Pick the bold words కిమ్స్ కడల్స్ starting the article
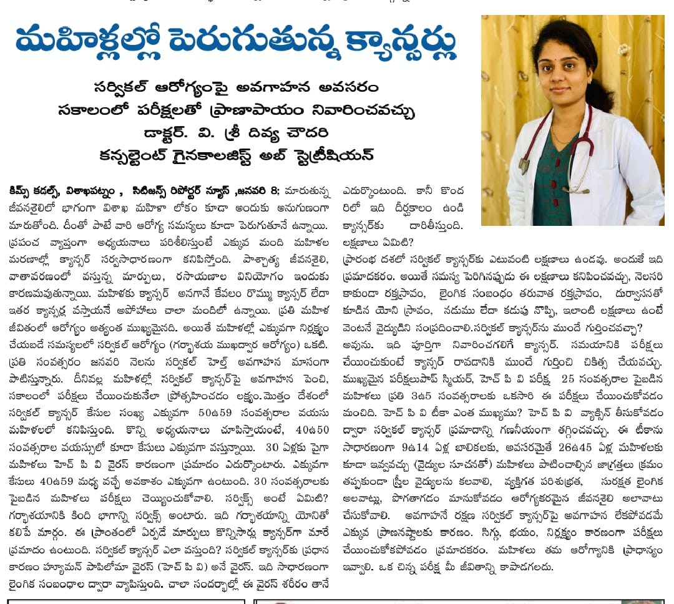pyautogui.click(x=33, y=190)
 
